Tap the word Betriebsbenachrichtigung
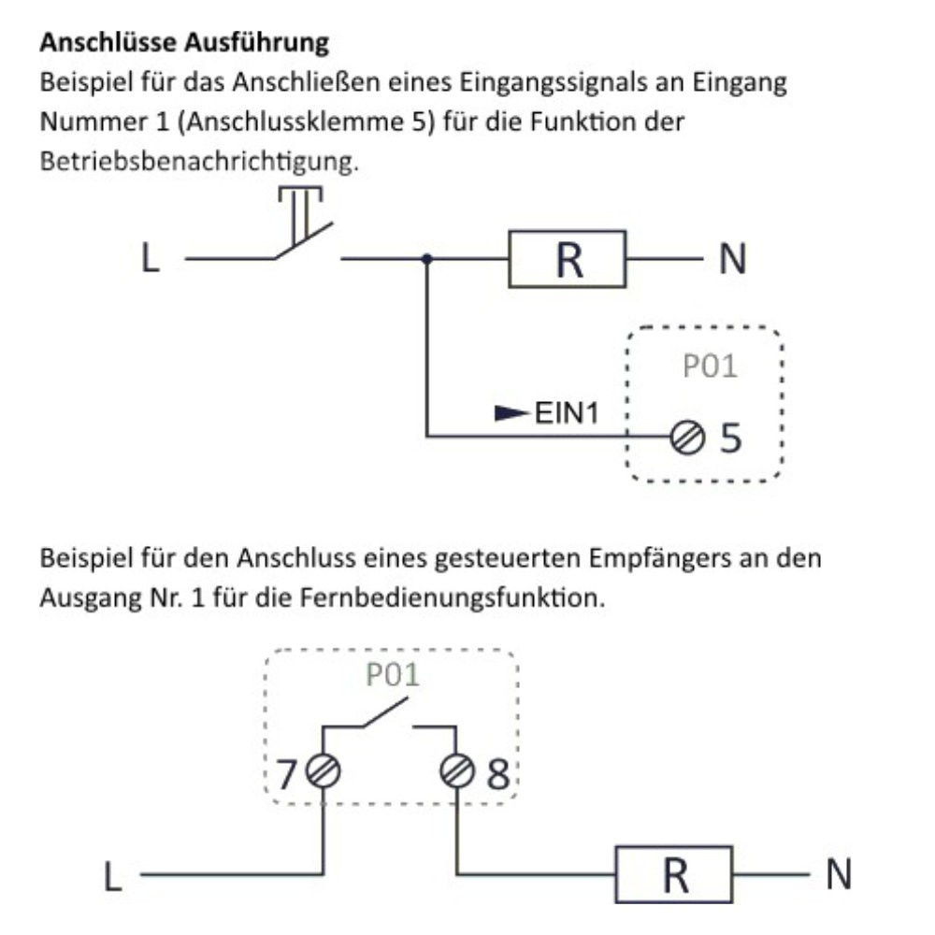198,161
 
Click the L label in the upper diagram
150,259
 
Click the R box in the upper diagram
568,259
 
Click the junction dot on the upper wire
426,259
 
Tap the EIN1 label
566,411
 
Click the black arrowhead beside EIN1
511,411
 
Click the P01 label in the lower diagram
393,676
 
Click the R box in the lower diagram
673,875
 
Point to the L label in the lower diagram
112,877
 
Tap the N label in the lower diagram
839,875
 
